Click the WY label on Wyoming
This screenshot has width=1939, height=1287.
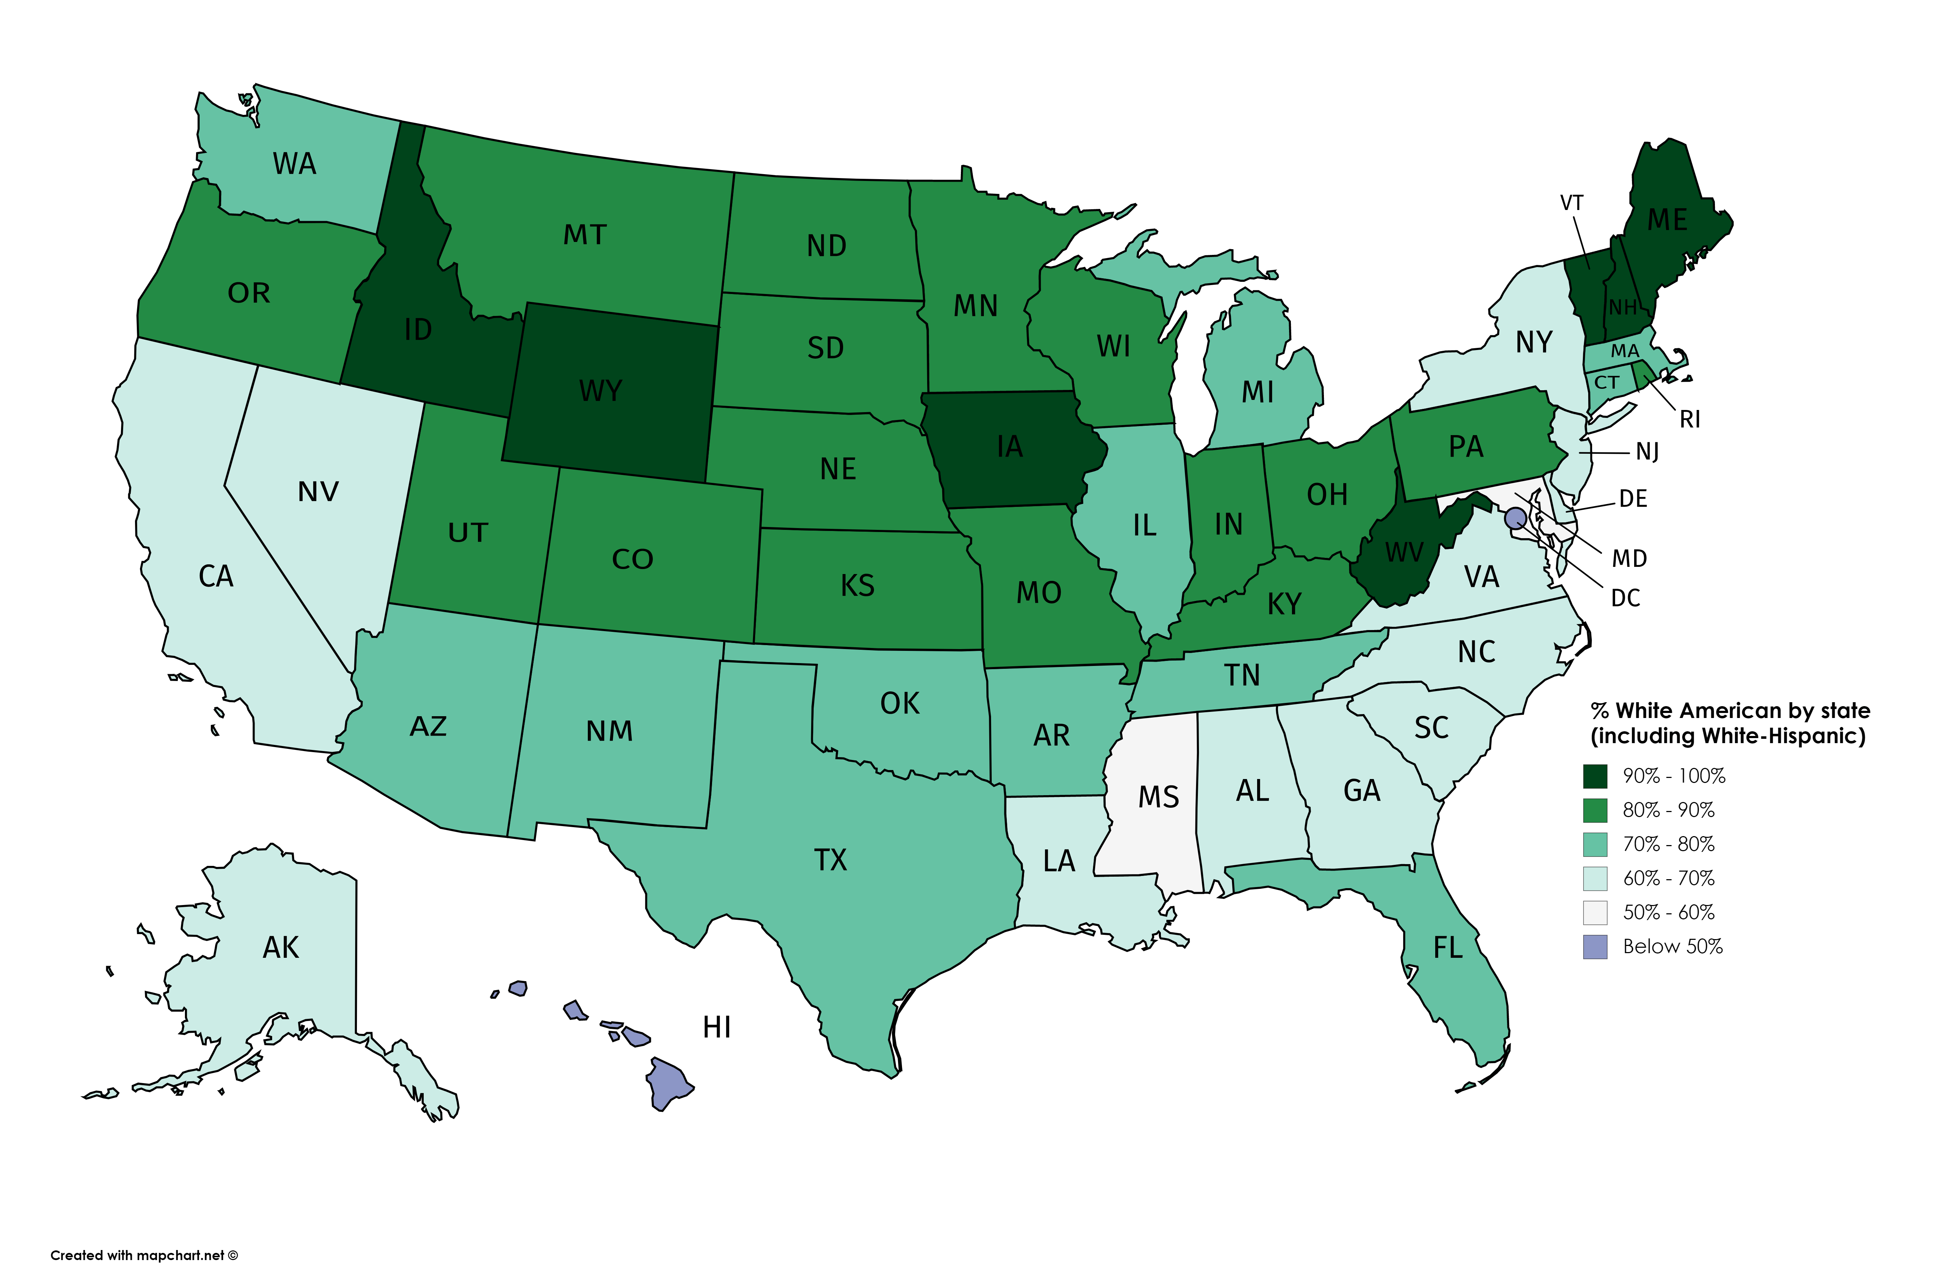(600, 391)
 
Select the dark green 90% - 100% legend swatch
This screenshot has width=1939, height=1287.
(1595, 776)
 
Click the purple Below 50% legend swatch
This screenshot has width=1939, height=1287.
(1595, 946)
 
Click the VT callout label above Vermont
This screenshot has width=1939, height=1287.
(1571, 203)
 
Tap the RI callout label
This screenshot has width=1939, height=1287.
(1689, 419)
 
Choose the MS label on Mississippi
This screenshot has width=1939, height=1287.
(1158, 796)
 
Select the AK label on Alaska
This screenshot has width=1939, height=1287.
(281, 948)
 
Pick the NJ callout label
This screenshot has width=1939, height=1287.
(1647, 451)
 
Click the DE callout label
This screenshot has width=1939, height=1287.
(1633, 498)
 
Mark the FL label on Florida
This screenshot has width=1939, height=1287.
(1447, 948)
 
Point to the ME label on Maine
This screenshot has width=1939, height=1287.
(1667, 220)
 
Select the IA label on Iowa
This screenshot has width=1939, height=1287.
(1010, 447)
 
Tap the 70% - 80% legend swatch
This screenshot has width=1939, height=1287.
(1595, 844)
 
